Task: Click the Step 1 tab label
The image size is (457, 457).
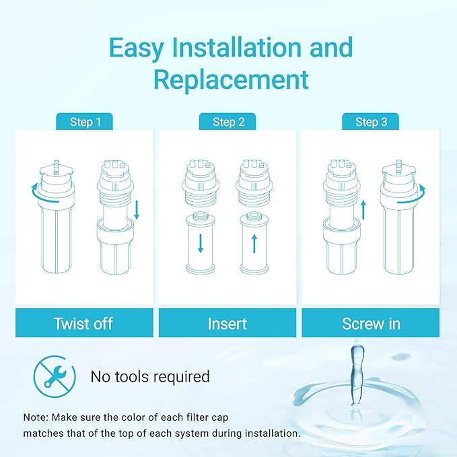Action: click(85, 122)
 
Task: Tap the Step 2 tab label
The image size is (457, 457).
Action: click(227, 122)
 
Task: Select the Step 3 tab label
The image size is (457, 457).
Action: click(371, 122)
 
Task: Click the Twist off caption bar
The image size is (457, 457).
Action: click(83, 324)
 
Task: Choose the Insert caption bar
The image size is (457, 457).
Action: click(227, 324)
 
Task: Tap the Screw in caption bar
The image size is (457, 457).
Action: click(371, 324)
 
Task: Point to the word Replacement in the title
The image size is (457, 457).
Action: click(231, 79)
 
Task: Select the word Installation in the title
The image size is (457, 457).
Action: click(231, 48)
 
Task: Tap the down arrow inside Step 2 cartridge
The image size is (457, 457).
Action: click(201, 240)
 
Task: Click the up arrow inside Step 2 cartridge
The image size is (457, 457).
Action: click(254, 241)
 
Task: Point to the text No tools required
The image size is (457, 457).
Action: click(150, 376)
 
